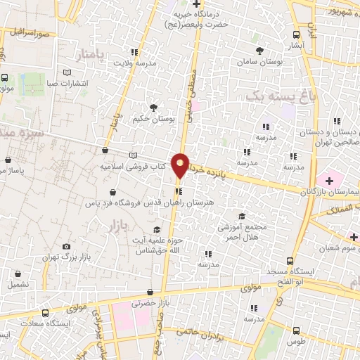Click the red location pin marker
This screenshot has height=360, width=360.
click(x=181, y=165)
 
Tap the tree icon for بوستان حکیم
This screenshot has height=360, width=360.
click(x=153, y=107)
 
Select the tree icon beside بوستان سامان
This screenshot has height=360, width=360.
click(x=260, y=51)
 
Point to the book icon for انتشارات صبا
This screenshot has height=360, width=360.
click(x=67, y=72)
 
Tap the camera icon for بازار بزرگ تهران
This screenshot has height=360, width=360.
click(x=67, y=247)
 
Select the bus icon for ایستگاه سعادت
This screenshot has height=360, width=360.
click(x=46, y=313)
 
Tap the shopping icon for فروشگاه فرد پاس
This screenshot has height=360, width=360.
click(x=112, y=191)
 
